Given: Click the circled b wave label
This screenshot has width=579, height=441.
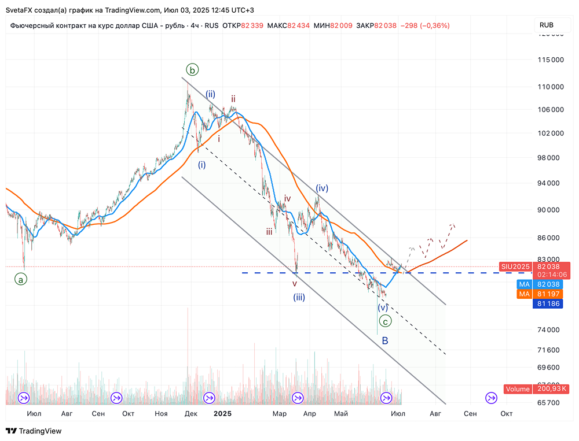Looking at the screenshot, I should point(193,70).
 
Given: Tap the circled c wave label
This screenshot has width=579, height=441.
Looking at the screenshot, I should point(384,321).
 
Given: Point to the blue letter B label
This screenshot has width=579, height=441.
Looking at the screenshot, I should point(385,340).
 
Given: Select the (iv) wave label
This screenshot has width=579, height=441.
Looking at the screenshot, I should point(322,188).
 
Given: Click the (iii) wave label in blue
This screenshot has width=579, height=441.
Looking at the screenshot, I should point(299,298).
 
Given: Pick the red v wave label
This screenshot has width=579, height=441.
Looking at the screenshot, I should point(295,284).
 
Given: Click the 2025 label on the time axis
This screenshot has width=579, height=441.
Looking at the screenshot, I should point(222,413).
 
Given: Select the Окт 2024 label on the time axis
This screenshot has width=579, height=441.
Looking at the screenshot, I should point(129,413).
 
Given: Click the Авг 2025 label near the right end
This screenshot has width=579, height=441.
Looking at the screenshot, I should point(435,413).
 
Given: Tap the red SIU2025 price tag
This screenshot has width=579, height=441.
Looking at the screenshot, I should point(514,266).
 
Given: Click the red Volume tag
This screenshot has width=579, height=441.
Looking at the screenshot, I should point(518,389).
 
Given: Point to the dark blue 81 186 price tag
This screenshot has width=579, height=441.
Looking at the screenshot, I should point(547,303).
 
